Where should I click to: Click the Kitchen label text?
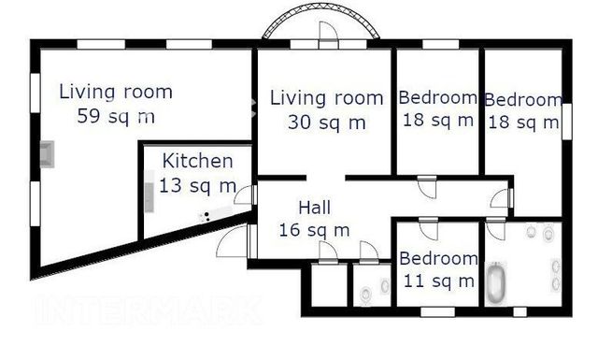click(197, 161)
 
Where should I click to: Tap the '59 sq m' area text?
click(116, 116)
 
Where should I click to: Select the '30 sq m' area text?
click(327, 122)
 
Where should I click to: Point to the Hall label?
click(314, 208)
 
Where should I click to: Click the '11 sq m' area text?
click(438, 281)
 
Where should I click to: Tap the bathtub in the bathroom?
click(495, 283)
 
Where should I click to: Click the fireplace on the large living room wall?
click(48, 154)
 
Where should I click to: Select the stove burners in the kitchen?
click(205, 217)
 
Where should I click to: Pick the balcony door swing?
click(328, 31)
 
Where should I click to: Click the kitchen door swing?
click(244, 194)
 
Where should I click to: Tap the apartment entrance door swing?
click(233, 241)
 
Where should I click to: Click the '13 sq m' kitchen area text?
click(197, 185)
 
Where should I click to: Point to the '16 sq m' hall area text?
click(314, 230)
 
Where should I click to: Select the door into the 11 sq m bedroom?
click(428, 229)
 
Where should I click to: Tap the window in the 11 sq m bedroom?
click(438, 312)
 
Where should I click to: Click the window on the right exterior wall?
click(567, 121)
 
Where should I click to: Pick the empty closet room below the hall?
click(330, 285)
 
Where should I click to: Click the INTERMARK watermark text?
click(149, 310)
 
